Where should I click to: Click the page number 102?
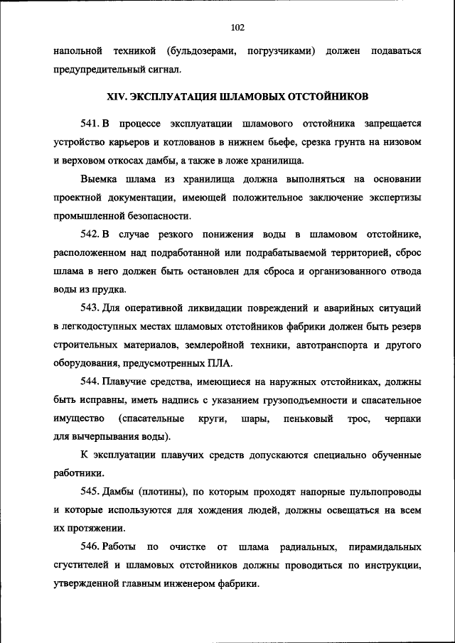click(237, 27)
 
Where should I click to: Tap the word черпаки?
click(402, 419)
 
